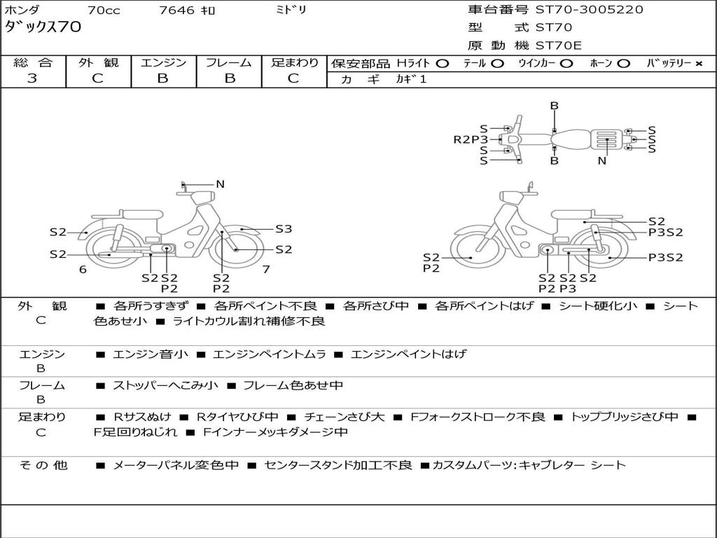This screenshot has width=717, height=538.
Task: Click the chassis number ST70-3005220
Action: (589, 10)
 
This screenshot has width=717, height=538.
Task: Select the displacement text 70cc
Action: (104, 11)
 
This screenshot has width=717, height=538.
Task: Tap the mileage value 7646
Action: (176, 11)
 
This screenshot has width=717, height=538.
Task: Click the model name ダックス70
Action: (43, 27)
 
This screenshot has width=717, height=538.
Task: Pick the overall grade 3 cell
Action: (32, 78)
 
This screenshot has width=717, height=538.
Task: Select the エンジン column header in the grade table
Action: (163, 62)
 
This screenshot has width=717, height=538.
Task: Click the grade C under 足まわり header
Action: (293, 78)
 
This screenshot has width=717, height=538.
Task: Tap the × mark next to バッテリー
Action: (698, 63)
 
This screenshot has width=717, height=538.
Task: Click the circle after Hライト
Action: (442, 63)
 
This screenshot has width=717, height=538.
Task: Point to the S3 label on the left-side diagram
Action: (283, 228)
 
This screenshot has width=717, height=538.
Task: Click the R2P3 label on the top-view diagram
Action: (470, 139)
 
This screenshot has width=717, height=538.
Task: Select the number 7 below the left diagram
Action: (266, 269)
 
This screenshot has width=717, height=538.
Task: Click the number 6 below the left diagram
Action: (83, 269)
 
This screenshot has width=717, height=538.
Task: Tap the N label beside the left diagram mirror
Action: (220, 184)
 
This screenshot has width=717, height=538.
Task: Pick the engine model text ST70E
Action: (558, 46)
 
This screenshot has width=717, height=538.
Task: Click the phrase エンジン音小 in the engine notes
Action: (151, 354)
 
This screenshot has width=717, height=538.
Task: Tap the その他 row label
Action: (43, 464)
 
